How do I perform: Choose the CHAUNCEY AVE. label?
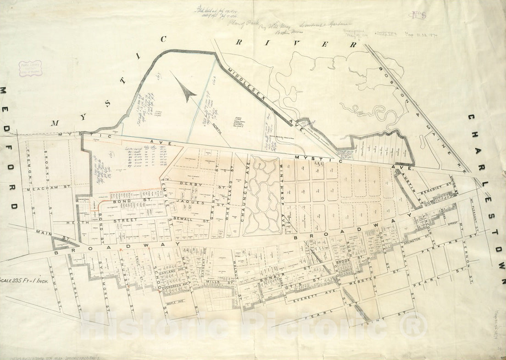[x=244, y=196]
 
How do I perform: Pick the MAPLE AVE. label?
[x=175, y=303]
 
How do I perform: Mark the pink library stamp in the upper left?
[x=30, y=68]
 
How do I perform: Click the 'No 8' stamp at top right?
[x=418, y=14]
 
